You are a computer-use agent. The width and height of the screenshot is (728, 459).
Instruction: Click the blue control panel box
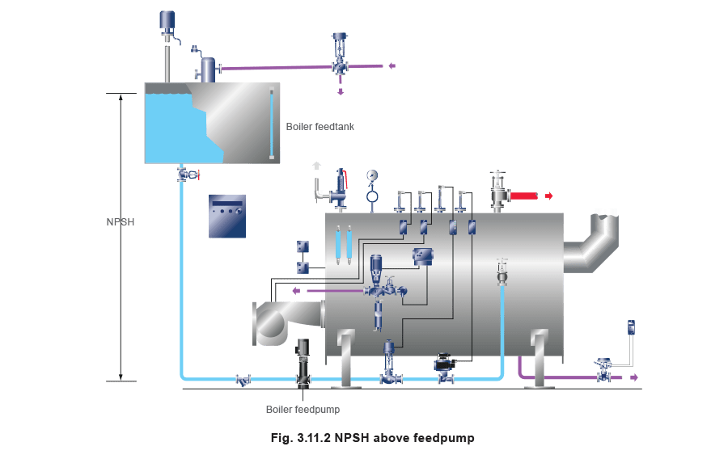click(x=227, y=216)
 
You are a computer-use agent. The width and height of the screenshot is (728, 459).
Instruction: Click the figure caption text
click(x=371, y=438)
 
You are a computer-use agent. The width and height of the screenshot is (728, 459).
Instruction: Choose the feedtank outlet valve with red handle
click(x=186, y=173)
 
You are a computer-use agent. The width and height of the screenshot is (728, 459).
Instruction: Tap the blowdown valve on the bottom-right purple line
click(x=603, y=370)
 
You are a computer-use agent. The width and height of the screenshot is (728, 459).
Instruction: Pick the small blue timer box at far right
click(x=632, y=327)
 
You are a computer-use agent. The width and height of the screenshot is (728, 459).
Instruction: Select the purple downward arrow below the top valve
click(x=341, y=93)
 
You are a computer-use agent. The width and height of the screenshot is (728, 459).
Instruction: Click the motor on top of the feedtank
click(x=168, y=19)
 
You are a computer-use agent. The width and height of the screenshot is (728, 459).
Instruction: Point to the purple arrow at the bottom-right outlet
click(x=634, y=377)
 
